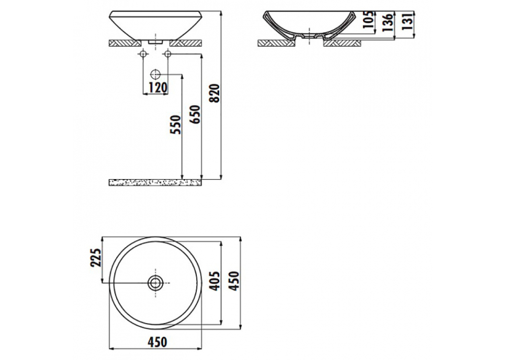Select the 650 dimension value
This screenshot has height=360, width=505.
pyautogui.click(x=195, y=114)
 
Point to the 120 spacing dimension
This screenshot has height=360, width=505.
pyautogui.click(x=158, y=87)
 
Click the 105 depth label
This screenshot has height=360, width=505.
pyautogui.click(x=369, y=20)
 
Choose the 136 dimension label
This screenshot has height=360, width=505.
pyautogui.click(x=387, y=22)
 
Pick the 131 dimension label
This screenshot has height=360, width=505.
pyautogui.click(x=408, y=21)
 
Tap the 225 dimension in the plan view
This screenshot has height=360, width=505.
pyautogui.click(x=96, y=258)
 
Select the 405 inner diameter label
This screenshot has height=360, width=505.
pyautogui.click(x=215, y=281)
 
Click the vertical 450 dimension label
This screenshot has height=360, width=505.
pyautogui.click(x=235, y=281)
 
